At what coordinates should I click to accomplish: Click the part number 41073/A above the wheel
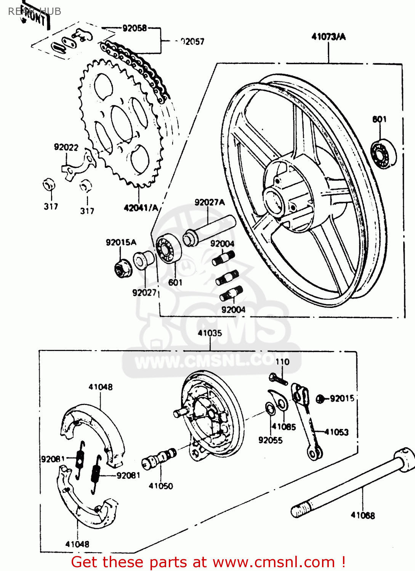[328, 37]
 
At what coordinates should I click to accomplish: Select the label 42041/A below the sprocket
[141, 207]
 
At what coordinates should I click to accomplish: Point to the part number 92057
[192, 41]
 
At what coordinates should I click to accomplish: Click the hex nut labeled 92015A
[123, 269]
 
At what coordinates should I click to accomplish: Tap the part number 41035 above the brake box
[210, 333]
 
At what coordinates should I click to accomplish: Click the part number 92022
[66, 147]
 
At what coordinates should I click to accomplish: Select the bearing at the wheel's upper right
[383, 154]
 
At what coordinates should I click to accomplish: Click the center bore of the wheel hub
[274, 201]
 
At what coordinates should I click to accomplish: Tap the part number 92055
[270, 440]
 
